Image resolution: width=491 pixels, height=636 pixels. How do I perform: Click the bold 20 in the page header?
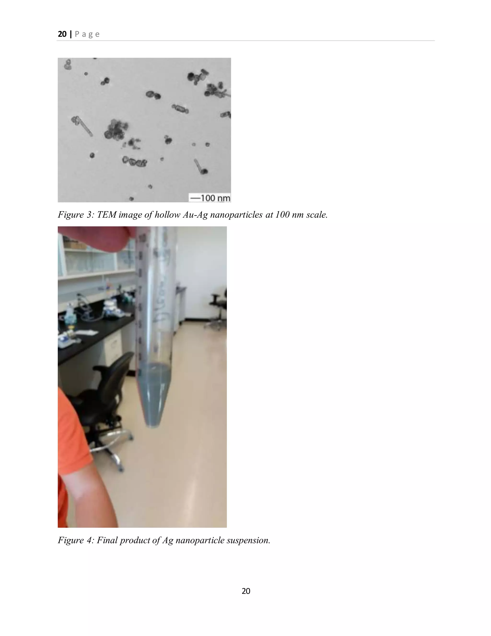tap(62, 34)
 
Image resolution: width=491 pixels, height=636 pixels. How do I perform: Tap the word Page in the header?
tap(87, 34)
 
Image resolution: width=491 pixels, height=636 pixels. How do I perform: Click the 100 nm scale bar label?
tap(210, 198)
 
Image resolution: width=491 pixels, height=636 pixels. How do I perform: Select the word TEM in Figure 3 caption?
tap(106, 215)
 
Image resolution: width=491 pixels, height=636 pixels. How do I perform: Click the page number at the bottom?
tap(246, 591)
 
